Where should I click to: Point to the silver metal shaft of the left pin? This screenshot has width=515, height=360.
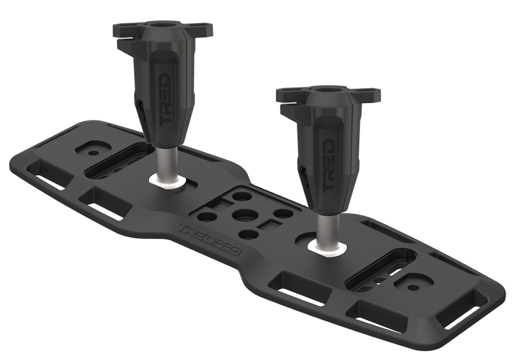click(x=166, y=162)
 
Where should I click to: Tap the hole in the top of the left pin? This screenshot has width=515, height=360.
click(x=164, y=25)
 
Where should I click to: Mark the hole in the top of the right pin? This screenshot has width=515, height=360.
click(x=326, y=90)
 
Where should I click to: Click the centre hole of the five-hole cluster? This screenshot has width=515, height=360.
click(x=244, y=214)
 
